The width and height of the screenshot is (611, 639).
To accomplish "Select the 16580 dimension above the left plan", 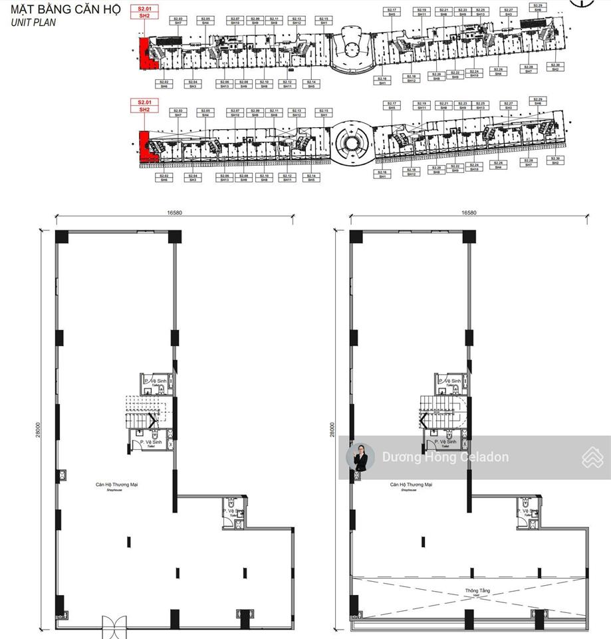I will pos(174,213).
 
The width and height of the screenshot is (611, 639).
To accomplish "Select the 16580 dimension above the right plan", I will pos(469,213).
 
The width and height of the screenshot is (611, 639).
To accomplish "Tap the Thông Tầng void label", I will pos(469,592).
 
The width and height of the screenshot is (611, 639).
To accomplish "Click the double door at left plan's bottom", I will pos(113,626).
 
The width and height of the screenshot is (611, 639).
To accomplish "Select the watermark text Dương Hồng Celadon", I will pos(445,457).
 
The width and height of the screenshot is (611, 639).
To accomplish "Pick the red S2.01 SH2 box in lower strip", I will pos(144,106).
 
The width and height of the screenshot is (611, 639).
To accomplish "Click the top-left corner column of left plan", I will pos(62,237).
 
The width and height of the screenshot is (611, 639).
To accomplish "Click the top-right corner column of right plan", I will pos(469,236).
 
